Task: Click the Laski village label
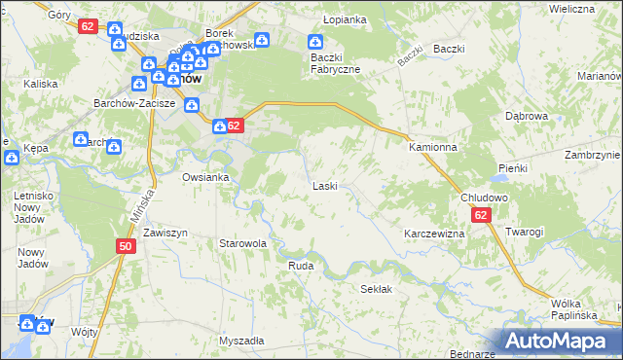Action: click(324, 185)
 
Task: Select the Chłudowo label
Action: click(484, 198)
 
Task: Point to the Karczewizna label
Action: click(434, 234)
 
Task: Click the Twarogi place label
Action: click(524, 232)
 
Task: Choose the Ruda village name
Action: click(300, 264)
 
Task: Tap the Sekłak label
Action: click(376, 289)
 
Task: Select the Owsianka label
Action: click(205, 177)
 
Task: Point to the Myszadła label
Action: click(241, 341)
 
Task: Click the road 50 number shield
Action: click(125, 247)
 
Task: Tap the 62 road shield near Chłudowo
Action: click(481, 216)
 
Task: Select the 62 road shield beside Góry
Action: click(88, 26)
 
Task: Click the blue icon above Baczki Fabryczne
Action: click(315, 42)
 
